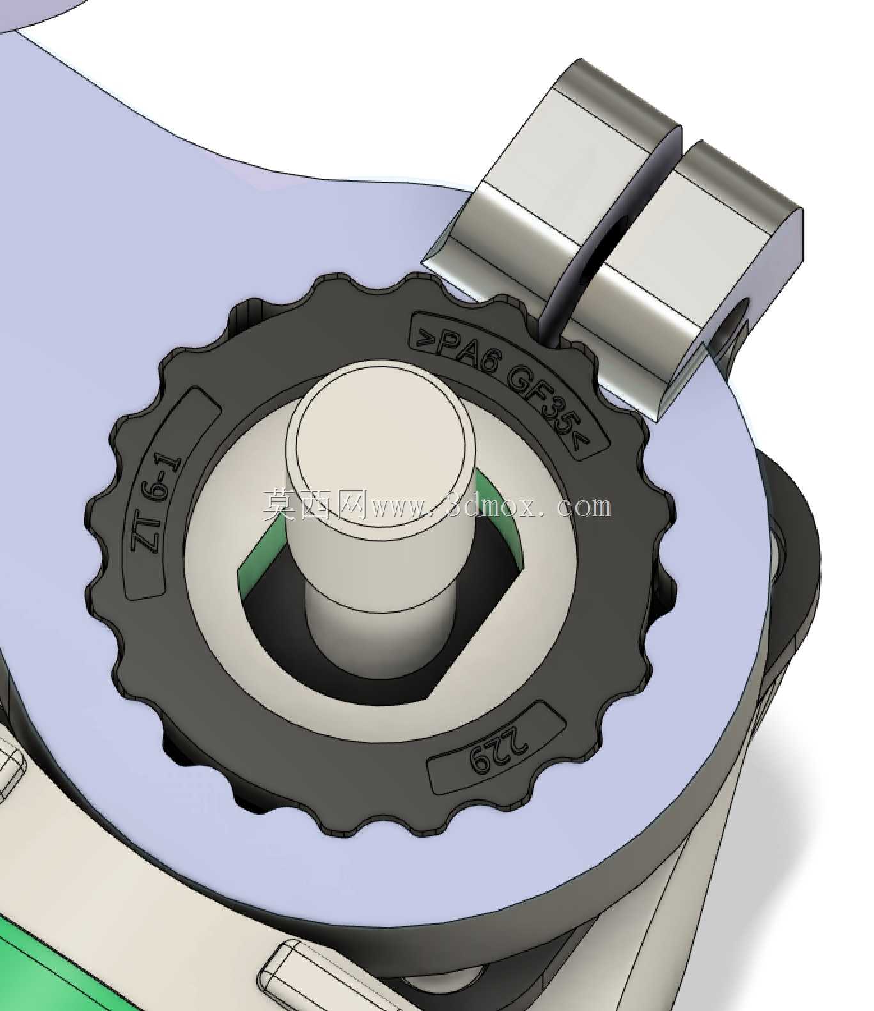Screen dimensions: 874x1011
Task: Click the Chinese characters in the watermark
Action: pyautogui.click(x=315, y=505)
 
